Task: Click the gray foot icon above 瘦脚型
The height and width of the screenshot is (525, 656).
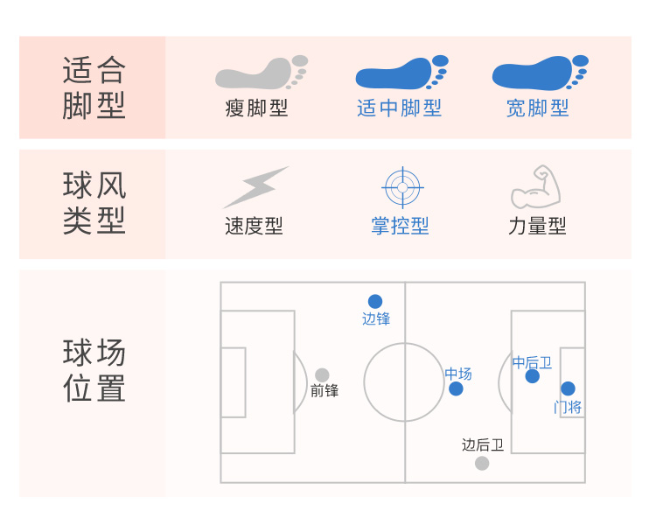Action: tap(259, 73)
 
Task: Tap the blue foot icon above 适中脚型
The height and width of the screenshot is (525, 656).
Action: tap(399, 73)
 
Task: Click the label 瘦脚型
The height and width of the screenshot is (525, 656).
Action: tap(256, 108)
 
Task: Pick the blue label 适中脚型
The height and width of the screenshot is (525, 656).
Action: tap(399, 108)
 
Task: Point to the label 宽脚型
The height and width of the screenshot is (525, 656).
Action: tap(537, 108)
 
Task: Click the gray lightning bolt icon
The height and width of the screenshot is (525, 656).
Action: tap(255, 186)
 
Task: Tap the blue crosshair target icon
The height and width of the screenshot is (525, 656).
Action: tap(402, 187)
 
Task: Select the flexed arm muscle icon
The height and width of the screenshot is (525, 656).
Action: tap(536, 186)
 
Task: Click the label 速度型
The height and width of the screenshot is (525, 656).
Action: tap(254, 226)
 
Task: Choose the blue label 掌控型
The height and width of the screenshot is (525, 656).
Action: tap(400, 226)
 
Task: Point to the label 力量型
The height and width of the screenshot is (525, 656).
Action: tap(537, 226)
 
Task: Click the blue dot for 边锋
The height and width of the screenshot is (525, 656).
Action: tap(375, 301)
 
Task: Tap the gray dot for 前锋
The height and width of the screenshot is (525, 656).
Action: tap(322, 374)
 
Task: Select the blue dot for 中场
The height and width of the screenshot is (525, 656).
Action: tap(456, 388)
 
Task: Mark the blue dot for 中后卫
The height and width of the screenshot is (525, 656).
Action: tap(533, 376)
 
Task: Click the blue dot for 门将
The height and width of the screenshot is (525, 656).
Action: tap(568, 388)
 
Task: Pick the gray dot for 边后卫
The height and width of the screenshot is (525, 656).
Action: tap(482, 463)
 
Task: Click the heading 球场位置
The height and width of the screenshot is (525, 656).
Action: tap(94, 371)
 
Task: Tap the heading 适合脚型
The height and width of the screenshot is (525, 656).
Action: tap(94, 87)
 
